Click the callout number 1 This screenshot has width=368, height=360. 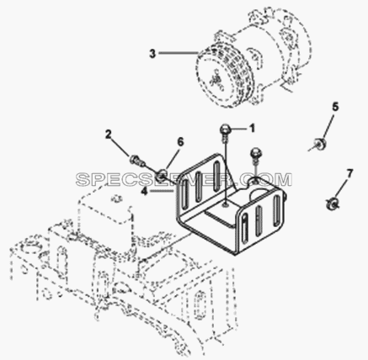(252, 129)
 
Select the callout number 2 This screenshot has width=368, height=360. (109, 135)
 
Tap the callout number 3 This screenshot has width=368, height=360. (152, 53)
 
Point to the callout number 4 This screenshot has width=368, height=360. (144, 192)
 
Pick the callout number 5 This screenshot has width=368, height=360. (335, 107)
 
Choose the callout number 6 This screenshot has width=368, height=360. (180, 142)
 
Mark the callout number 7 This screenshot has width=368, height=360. (349, 173)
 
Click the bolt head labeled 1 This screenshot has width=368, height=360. (225, 130)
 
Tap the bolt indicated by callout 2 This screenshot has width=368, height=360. (136, 161)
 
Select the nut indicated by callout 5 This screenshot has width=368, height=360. (319, 143)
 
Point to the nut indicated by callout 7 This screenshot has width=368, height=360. (332, 204)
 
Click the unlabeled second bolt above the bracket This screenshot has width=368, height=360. (254, 155)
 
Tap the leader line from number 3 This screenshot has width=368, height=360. (179, 53)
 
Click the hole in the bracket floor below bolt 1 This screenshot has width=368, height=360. (226, 206)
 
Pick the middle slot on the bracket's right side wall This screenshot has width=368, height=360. (259, 220)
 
